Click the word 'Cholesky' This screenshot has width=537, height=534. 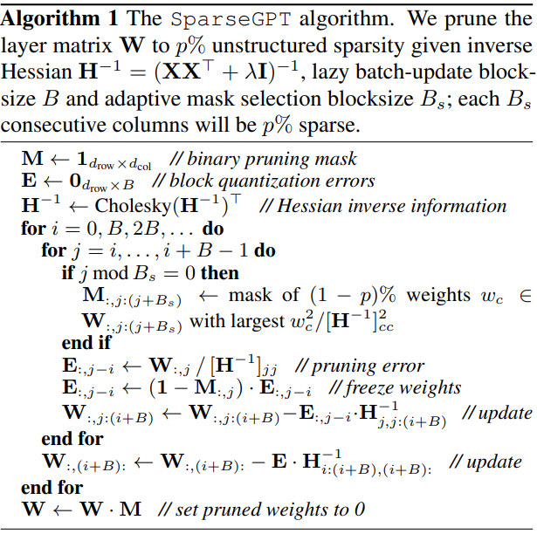pyautogui.click(x=129, y=207)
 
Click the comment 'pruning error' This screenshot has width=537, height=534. pyautogui.click(x=370, y=366)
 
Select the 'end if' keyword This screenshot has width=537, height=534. pyautogui.click(x=86, y=343)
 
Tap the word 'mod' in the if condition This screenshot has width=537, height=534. pyautogui.click(x=109, y=273)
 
